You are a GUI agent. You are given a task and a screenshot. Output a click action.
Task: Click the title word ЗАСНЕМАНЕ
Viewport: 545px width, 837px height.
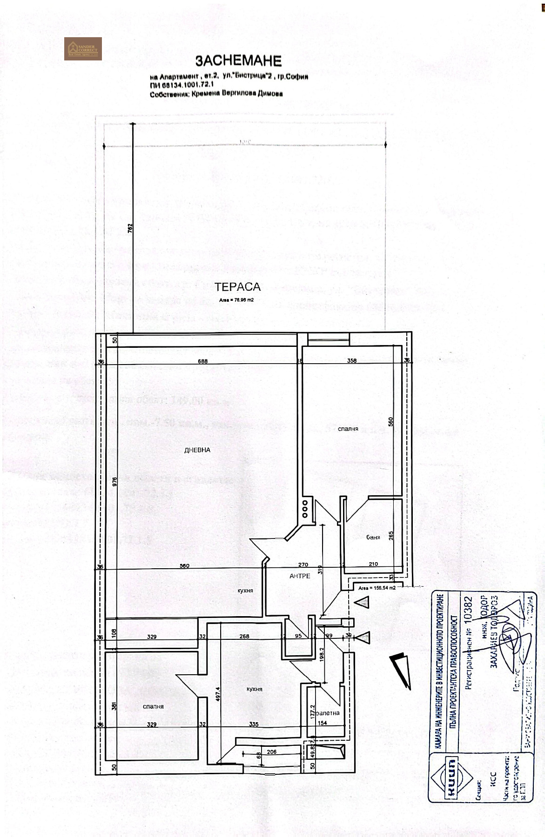238,61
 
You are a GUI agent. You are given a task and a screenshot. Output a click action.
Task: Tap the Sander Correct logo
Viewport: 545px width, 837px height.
83,48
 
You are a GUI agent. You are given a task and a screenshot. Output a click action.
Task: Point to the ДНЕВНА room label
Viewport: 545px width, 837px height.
197,450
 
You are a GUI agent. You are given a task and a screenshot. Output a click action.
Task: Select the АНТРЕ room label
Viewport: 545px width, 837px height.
300,576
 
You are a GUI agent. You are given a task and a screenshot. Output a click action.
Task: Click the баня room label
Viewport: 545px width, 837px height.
373,538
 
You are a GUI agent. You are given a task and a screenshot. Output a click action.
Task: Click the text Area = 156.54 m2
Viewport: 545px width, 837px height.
377,588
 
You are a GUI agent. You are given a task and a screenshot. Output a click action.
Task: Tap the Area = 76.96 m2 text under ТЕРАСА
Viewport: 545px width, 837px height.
236,300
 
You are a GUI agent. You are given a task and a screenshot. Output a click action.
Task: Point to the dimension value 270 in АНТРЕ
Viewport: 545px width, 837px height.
303,565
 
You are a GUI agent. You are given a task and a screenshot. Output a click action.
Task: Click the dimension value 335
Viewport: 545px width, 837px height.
253,724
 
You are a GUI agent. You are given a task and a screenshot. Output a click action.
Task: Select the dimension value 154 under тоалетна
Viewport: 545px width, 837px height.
322,723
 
